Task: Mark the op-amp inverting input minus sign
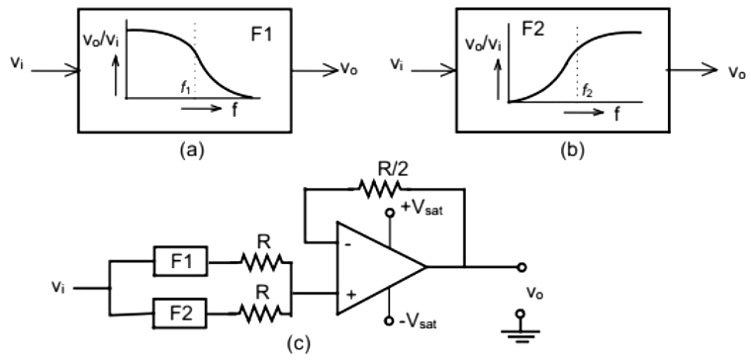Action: (x=349, y=242)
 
